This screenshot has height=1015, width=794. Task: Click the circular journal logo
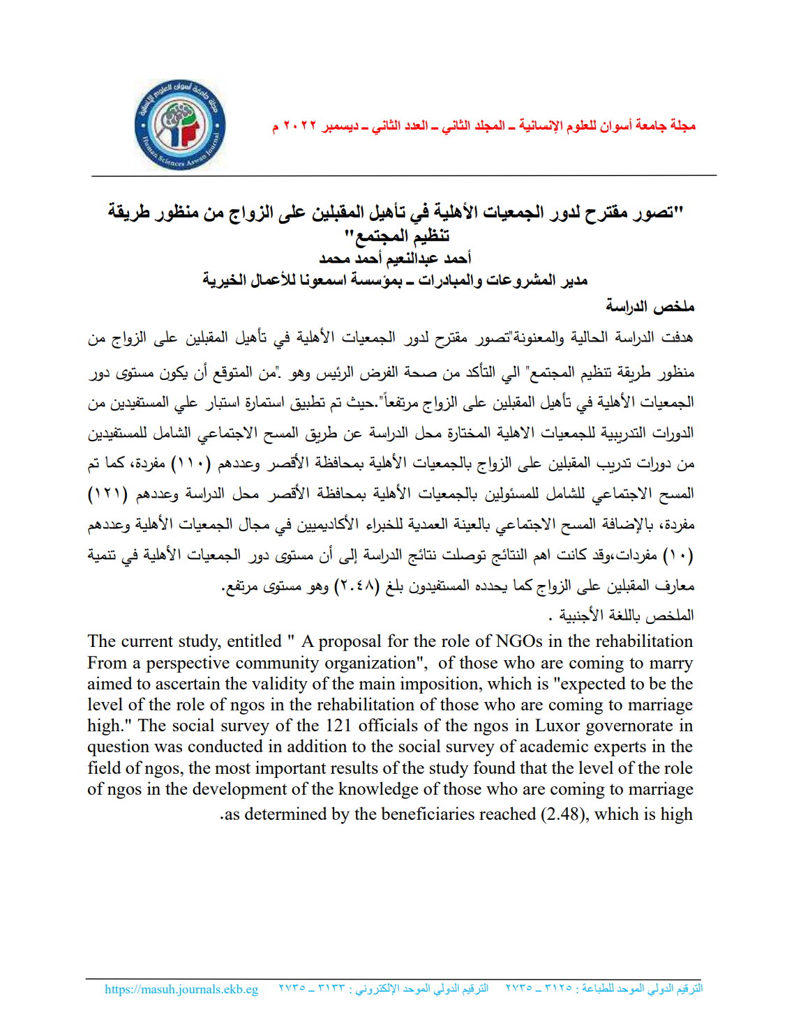click(180, 125)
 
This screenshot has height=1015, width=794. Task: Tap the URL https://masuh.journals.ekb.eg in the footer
click(181, 989)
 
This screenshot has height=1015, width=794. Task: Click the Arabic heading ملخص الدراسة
click(650, 306)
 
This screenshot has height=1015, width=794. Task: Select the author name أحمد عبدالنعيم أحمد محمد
click(395, 259)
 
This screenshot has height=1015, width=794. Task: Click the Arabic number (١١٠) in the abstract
click(191, 464)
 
